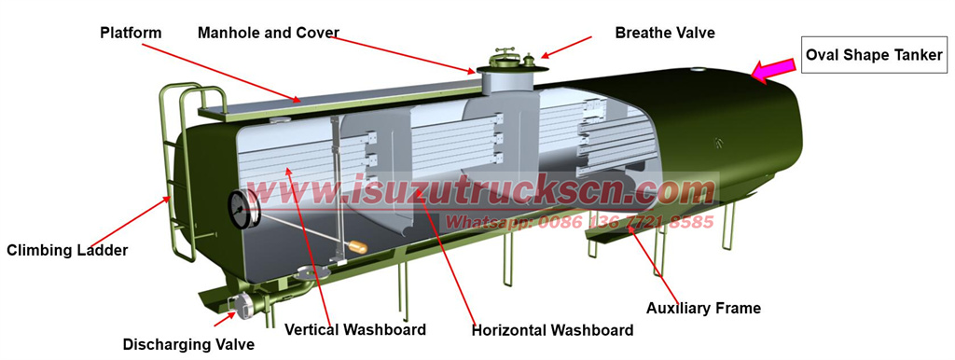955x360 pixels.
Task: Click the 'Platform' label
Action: [131, 33]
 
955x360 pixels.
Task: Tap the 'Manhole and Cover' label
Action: [268, 33]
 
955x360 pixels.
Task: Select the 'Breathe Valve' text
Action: [665, 33]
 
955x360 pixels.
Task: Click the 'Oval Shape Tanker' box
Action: [876, 55]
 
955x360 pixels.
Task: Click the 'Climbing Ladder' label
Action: [67, 250]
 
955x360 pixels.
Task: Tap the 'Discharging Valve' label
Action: [188, 344]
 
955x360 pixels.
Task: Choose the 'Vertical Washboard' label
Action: [355, 329]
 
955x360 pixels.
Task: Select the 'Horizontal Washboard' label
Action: [552, 330]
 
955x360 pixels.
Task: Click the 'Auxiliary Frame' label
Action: [704, 308]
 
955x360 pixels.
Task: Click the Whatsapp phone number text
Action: [579, 222]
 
